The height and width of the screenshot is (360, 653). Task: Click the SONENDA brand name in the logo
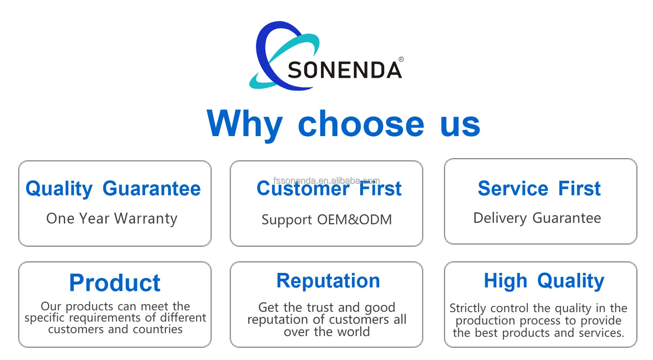pyautogui.click(x=345, y=70)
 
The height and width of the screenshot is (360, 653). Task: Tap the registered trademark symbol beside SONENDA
pyautogui.click(x=401, y=59)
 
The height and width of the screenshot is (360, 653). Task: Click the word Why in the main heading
pyautogui.click(x=245, y=124)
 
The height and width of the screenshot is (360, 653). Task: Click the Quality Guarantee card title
pyautogui.click(x=113, y=189)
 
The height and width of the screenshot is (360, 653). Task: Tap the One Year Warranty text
pyautogui.click(x=112, y=218)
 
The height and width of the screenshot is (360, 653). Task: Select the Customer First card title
pyautogui.click(x=329, y=189)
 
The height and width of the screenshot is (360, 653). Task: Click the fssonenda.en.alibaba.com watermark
pyautogui.click(x=326, y=180)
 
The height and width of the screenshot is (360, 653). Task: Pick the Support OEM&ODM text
pyautogui.click(x=326, y=220)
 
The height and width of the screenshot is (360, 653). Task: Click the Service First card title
pyautogui.click(x=539, y=188)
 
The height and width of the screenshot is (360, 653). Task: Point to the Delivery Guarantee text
pyautogui.click(x=537, y=218)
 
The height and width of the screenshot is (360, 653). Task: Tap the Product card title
pyautogui.click(x=115, y=283)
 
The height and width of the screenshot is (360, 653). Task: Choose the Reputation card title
pyautogui.click(x=328, y=281)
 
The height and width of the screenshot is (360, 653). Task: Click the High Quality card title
pyautogui.click(x=544, y=281)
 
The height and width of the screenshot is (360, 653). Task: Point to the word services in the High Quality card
pyautogui.click(x=601, y=333)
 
